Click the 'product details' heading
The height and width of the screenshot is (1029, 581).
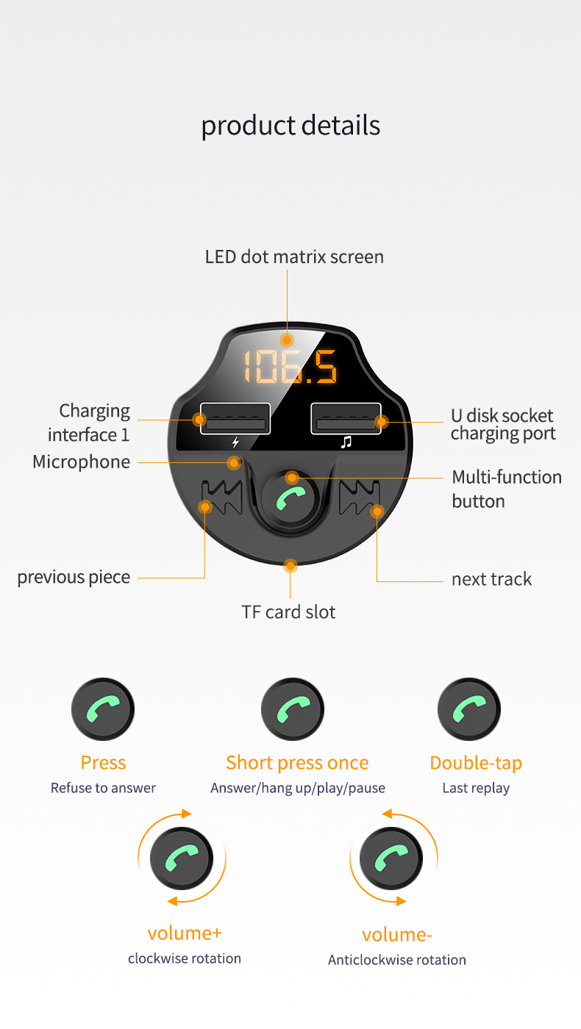point(290,126)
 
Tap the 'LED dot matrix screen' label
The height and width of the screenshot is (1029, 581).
point(294,257)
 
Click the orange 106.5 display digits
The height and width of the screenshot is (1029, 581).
point(290,367)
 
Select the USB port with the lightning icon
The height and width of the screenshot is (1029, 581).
point(235,418)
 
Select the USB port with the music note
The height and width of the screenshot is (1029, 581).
point(346,418)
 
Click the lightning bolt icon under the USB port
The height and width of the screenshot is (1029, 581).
point(235,442)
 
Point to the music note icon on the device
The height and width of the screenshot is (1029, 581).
point(346,442)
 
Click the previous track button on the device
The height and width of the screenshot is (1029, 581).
point(221,497)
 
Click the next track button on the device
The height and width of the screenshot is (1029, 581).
point(360,497)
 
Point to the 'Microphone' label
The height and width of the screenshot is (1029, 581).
point(82,462)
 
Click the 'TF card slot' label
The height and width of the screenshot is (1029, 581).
point(288,612)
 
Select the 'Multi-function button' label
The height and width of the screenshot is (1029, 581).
point(507,489)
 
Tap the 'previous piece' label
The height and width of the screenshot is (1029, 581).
point(74,578)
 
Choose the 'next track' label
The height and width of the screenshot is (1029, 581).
point(491,579)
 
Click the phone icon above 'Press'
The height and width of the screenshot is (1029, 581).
point(103,709)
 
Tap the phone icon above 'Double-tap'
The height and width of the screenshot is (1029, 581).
point(469,709)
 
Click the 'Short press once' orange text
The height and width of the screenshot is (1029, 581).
point(297,763)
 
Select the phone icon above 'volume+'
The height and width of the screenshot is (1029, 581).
point(182,858)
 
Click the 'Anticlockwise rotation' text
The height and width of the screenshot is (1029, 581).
point(396,960)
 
